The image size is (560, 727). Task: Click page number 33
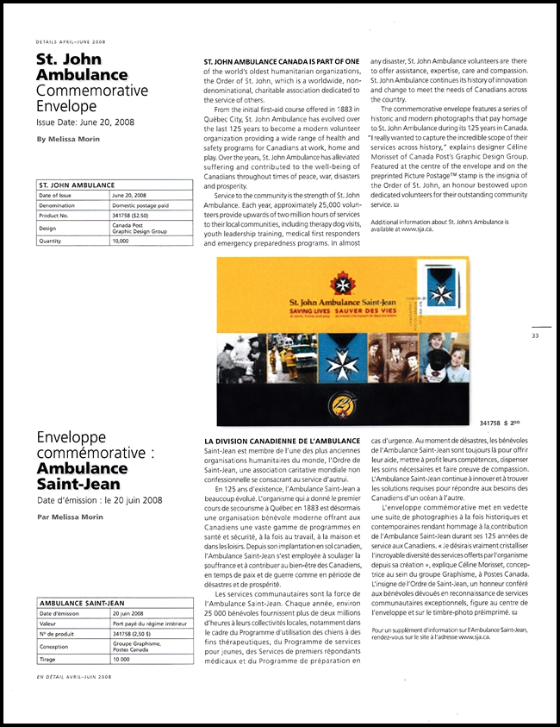click(x=535, y=335)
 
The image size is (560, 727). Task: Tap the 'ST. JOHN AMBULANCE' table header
click(x=78, y=185)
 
